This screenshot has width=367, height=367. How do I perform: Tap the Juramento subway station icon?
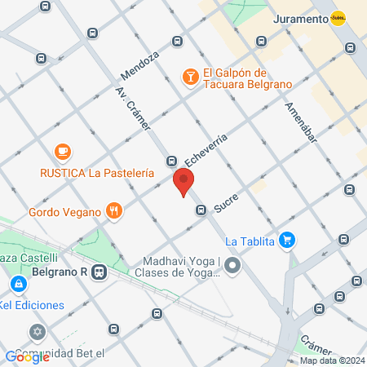click(338, 19)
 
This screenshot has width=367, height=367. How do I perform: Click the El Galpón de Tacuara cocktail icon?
click(189, 77)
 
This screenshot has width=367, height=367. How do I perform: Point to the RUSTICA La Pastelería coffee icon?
click(62, 152)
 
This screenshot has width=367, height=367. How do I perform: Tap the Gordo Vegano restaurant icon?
click(114, 211)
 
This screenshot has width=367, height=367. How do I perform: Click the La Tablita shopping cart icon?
click(286, 240)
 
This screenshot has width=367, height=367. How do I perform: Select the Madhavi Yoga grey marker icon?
click(233, 266)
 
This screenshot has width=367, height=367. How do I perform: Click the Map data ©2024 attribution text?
click(331, 360)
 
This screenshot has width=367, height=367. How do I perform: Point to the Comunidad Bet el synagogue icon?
click(36, 333)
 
